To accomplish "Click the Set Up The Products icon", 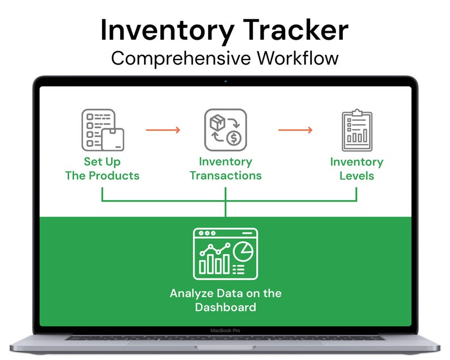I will (x=102, y=130).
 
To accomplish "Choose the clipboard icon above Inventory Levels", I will (x=356, y=130).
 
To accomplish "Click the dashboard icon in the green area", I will (x=225, y=253).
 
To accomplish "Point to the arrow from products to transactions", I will (x=163, y=130).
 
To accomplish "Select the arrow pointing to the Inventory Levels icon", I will (x=295, y=130).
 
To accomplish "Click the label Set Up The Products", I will (x=102, y=168).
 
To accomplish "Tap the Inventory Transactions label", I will (x=225, y=168).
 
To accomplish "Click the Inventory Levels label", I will (x=356, y=168).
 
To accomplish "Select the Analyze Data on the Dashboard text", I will (x=225, y=300).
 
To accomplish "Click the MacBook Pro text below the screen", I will (x=225, y=330).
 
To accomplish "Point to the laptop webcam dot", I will (x=225, y=82).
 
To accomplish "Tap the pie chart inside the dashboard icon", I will (x=243, y=249).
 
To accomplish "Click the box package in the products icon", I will (x=113, y=138).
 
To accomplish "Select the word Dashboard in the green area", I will (x=225, y=308).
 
